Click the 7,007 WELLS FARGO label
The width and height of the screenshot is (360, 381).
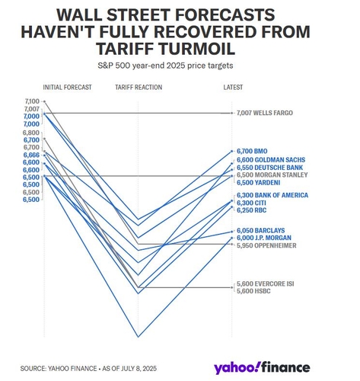pyautogui.click(x=265, y=113)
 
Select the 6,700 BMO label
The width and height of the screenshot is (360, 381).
pyautogui.click(x=252, y=151)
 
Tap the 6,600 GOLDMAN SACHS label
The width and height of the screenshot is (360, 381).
pyautogui.click(x=271, y=160)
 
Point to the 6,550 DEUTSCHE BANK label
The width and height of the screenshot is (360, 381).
pyautogui.click(x=269, y=168)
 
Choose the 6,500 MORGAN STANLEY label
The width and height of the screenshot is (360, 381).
pyautogui.click(x=272, y=174)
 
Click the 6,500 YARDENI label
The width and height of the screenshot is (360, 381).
pyautogui.click(x=258, y=183)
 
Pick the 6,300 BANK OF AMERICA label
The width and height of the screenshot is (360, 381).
pyautogui.click(x=272, y=195)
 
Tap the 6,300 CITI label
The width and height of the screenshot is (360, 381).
pyautogui.click(x=251, y=203)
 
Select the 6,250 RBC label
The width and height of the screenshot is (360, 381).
pyautogui.click(x=251, y=210)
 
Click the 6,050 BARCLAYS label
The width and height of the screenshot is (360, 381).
pyautogui.click(x=261, y=230)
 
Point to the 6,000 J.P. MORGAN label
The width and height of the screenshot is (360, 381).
pyautogui.click(x=264, y=238)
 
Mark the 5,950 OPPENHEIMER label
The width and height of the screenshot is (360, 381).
pyautogui.click(x=266, y=245)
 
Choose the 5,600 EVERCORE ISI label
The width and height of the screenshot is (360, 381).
pyautogui.click(x=266, y=283)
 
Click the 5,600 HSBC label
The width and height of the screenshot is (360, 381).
pyautogui.click(x=253, y=291)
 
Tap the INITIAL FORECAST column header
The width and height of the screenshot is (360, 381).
pyautogui.click(x=67, y=88)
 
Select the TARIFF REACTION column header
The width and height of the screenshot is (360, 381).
pyautogui.click(x=139, y=88)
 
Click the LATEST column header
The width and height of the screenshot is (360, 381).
pyautogui.click(x=233, y=88)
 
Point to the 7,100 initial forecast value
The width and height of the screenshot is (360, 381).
pyautogui.click(x=32, y=101)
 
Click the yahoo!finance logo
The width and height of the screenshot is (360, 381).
pyautogui.click(x=262, y=367)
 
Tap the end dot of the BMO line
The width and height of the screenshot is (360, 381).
pyautogui.click(x=231, y=151)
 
